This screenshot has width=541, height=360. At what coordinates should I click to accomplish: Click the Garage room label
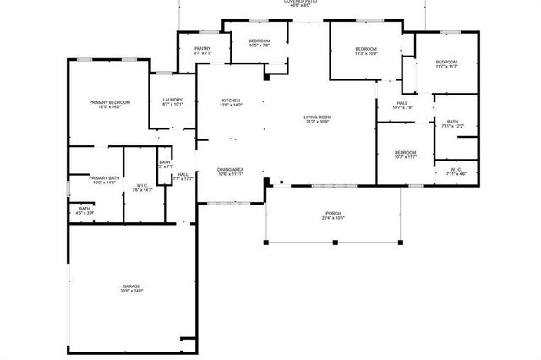click(131, 286)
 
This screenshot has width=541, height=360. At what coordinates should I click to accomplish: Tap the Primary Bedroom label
click(110, 102)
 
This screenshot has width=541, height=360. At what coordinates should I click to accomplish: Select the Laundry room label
click(172, 101)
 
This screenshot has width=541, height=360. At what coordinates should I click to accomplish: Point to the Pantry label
click(203, 49)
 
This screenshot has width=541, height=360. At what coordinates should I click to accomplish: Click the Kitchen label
click(231, 100)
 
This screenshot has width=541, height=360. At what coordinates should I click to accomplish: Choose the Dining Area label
click(231, 168)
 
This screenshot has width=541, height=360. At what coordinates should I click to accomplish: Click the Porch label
click(334, 213)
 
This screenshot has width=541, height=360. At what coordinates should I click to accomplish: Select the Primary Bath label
click(104, 177)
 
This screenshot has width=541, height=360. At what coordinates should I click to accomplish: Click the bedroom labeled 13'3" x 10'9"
click(366, 49)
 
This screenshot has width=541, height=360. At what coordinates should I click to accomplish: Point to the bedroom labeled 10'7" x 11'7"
click(406, 152)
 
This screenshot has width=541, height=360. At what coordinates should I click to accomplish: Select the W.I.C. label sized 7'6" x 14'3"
click(141, 186)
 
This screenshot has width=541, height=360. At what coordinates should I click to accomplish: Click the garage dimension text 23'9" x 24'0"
click(131, 292)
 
